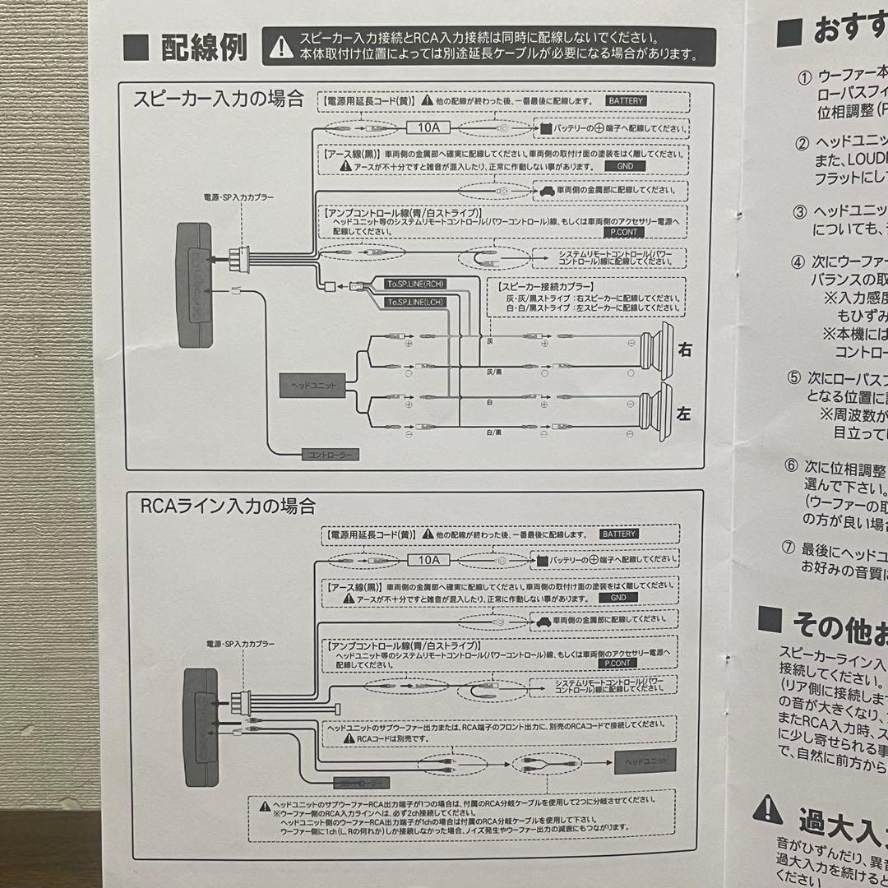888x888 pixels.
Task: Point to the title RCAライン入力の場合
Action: (x=228, y=505)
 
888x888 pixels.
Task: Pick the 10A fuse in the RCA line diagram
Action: (x=429, y=560)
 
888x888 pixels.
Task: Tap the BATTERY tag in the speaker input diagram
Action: (x=626, y=101)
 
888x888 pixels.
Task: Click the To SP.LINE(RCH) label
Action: (x=414, y=284)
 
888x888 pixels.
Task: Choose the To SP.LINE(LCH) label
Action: (x=414, y=303)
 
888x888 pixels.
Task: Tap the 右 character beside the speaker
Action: (x=684, y=350)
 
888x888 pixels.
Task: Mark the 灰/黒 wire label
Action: (x=493, y=371)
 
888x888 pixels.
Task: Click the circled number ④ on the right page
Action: (x=797, y=263)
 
